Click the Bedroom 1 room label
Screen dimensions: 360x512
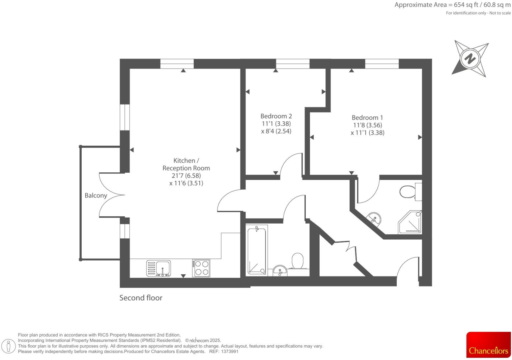tap(367, 118)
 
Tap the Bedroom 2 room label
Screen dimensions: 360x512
tap(276, 116)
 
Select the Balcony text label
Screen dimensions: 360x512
tap(96, 195)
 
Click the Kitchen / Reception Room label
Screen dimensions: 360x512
tap(186, 164)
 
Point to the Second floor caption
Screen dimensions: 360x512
tap(141, 298)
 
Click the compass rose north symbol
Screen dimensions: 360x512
tap(470, 59)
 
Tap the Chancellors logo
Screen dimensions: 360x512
tap(488, 345)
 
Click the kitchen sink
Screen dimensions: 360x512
tap(159, 268)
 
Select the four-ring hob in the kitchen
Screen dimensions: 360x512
tap(201, 268)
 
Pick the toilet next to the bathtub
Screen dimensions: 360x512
tap(298, 261)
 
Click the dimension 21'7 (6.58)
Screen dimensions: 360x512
tap(186, 176)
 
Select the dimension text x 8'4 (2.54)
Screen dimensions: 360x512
tap(276, 131)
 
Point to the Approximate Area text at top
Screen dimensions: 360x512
tap(452, 5)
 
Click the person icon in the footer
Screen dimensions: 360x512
tap(9, 346)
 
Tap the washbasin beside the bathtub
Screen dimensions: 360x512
tap(280, 271)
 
